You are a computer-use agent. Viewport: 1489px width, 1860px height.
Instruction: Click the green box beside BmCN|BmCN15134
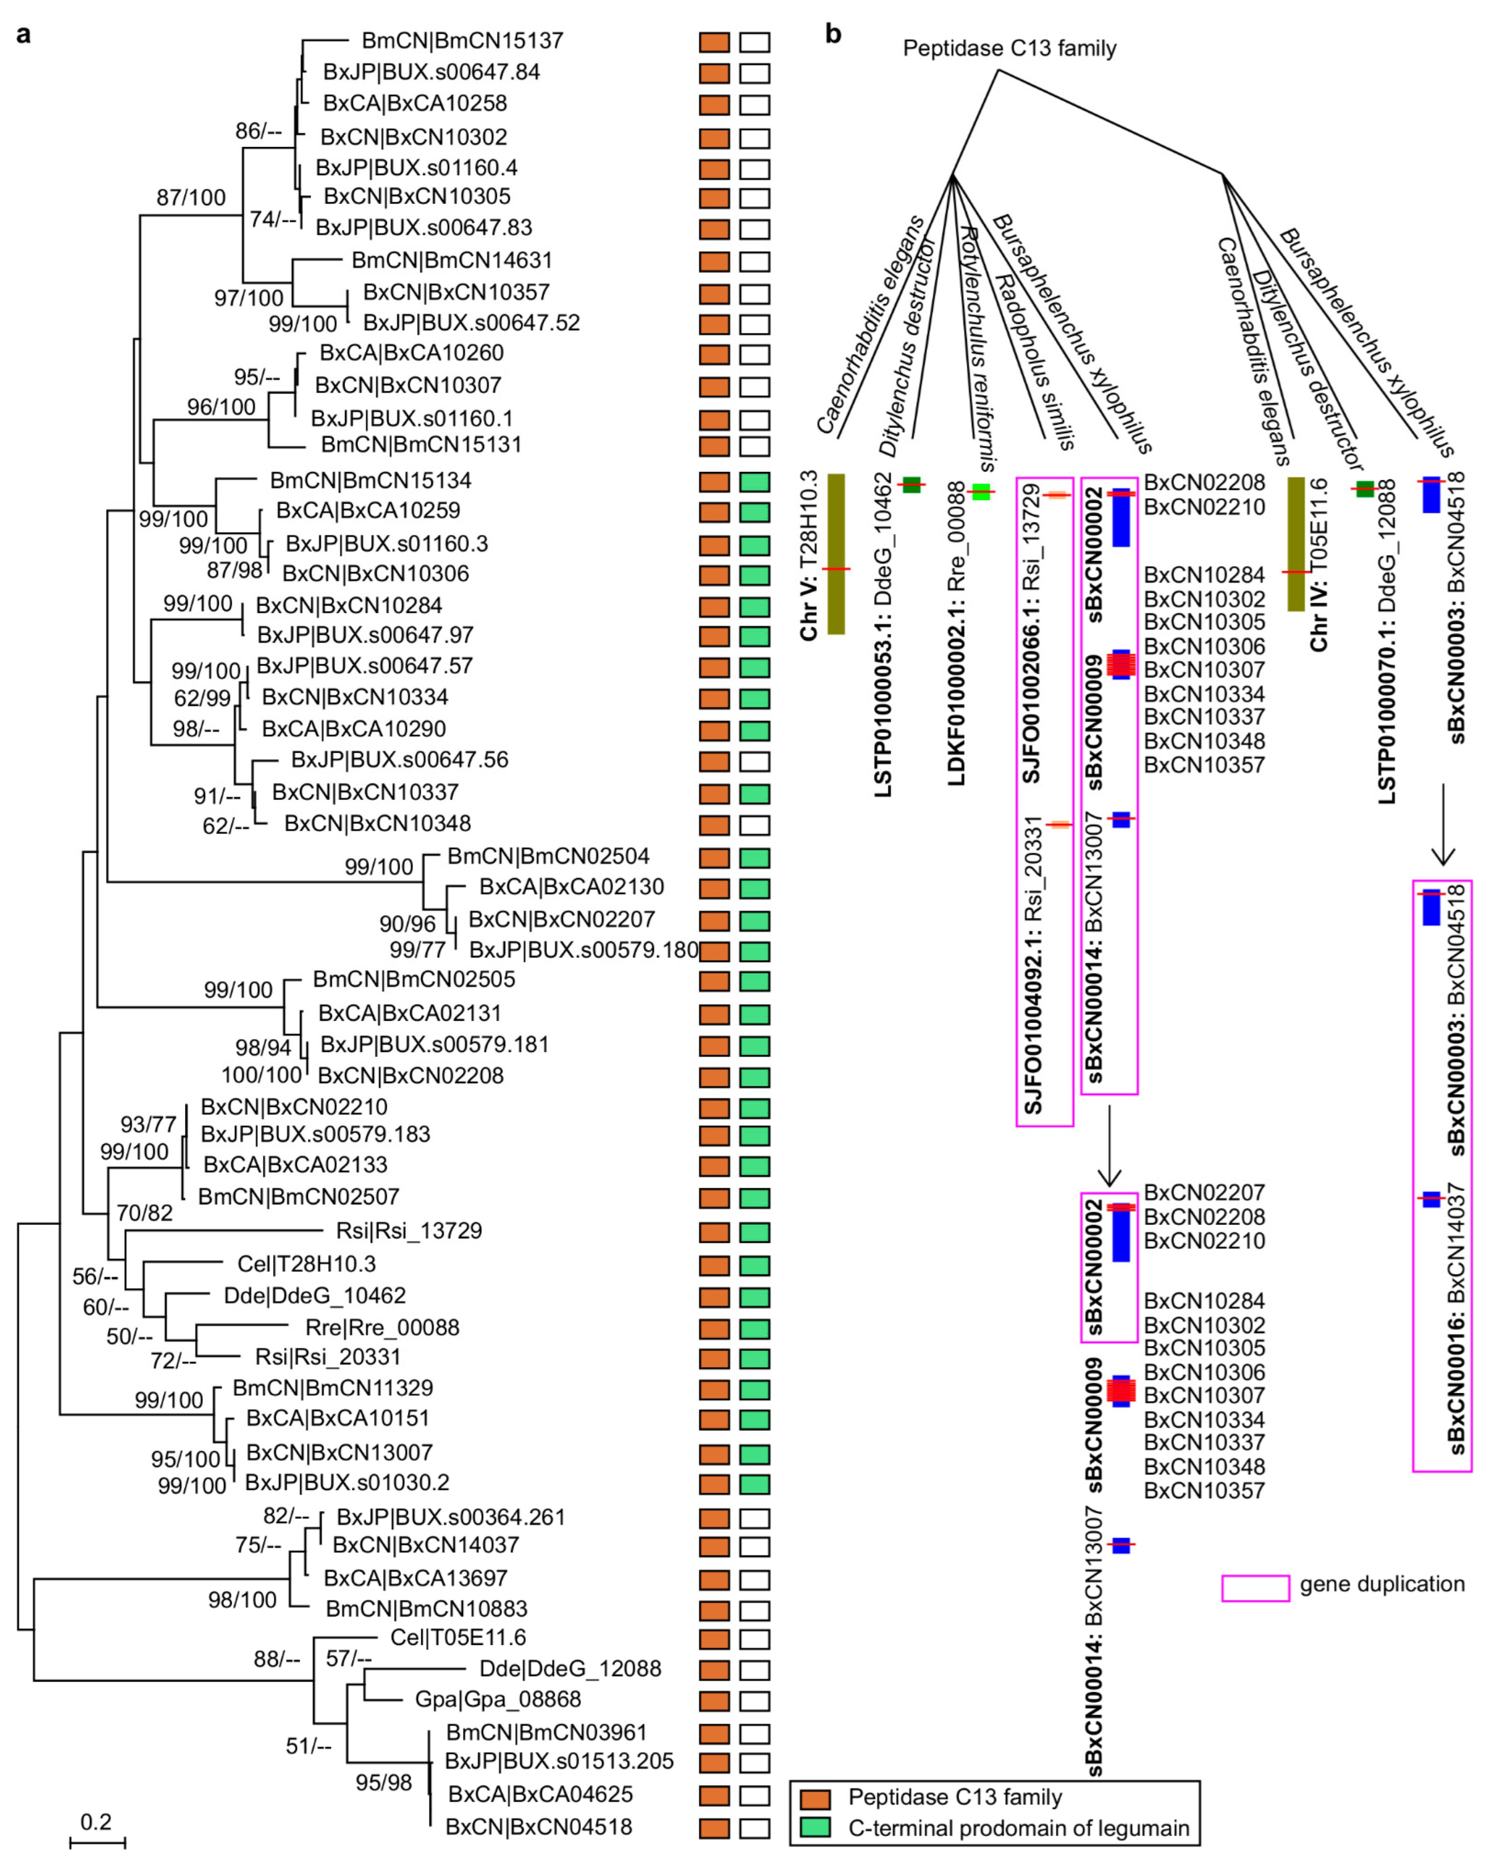[x=755, y=481]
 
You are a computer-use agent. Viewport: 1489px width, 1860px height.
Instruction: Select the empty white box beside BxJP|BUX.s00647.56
[x=755, y=761]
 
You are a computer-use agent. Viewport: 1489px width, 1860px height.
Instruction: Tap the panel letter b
[x=833, y=35]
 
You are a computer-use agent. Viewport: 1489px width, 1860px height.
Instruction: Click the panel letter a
[x=24, y=35]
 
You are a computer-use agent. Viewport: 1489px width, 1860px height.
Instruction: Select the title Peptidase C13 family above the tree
[x=1010, y=48]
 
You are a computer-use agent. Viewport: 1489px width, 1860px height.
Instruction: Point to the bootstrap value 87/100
[x=191, y=197]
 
